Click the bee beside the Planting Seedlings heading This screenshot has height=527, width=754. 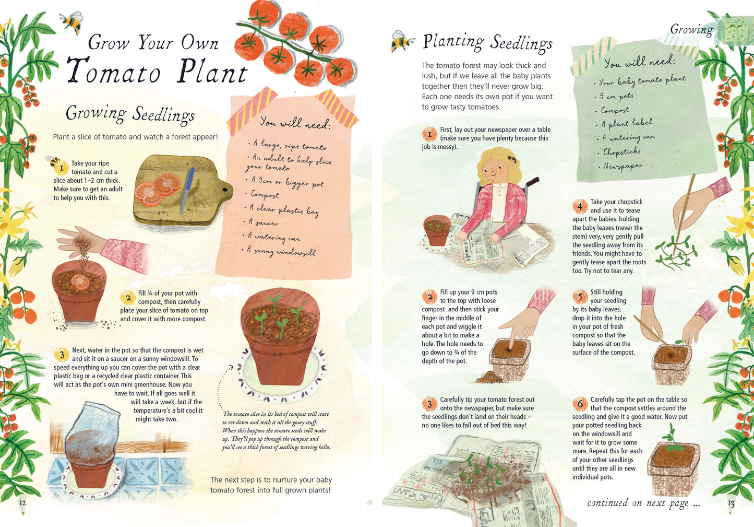coord(402,41)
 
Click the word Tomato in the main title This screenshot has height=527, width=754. coord(114,71)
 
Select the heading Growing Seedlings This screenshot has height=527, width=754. coord(130,113)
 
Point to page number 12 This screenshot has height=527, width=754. coord(22,503)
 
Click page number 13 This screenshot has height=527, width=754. coord(731,503)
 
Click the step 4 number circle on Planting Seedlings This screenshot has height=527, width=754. coord(579,206)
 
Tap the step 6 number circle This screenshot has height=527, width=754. coord(580,404)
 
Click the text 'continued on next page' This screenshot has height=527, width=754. coord(643,503)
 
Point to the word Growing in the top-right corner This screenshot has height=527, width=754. coord(691,29)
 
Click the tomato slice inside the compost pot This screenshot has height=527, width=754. coord(80,282)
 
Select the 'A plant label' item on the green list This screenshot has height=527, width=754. coord(626,123)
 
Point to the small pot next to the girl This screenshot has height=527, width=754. coord(437,230)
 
